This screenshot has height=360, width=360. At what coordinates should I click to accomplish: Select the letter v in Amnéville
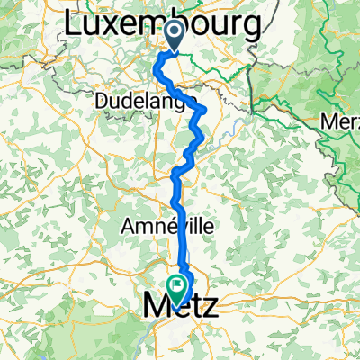tap(186, 227)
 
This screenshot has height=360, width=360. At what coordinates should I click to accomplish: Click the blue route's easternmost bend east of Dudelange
tap(207, 111)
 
